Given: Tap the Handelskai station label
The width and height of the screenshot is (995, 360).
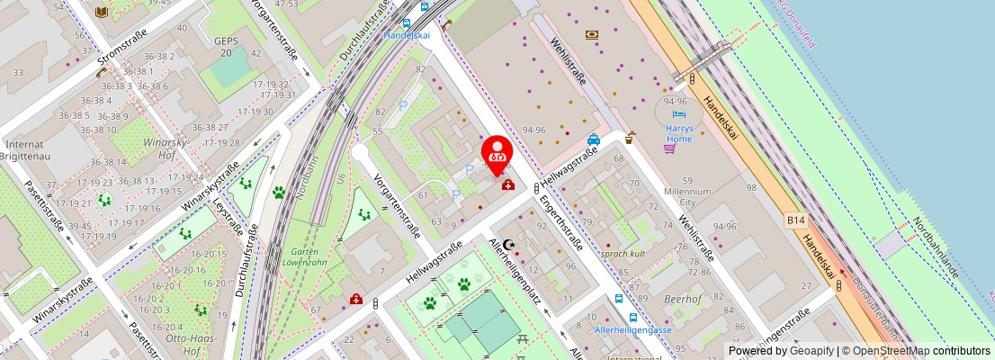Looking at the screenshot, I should point(407,35).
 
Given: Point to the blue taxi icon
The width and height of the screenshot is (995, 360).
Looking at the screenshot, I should point(594,139).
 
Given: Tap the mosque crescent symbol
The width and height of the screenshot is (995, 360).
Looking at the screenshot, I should point(509,243).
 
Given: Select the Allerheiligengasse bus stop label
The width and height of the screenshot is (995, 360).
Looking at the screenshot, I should point(633,330).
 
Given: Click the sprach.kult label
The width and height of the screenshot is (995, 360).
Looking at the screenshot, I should point(624,255).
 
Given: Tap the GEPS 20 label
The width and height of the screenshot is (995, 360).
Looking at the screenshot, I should point(224,47).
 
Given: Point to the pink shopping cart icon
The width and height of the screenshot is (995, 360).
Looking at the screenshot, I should point(669,148).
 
